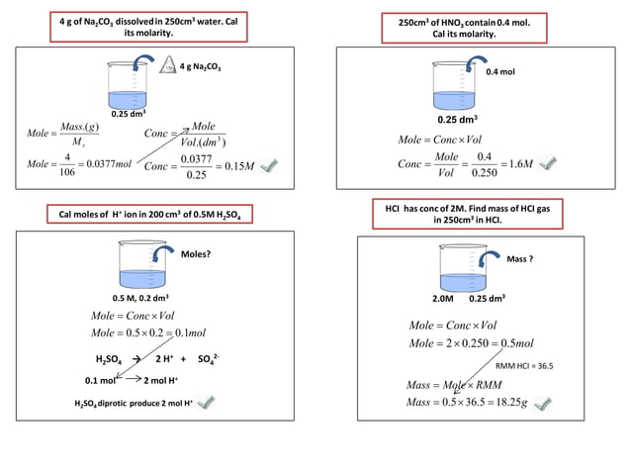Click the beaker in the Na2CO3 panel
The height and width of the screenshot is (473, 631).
pyautogui.click(x=129, y=85)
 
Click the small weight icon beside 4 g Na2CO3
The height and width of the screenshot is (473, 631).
pyautogui.click(x=168, y=66)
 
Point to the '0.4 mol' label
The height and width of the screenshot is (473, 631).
pyautogui.click(x=501, y=72)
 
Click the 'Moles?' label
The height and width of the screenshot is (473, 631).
pyautogui.click(x=195, y=254)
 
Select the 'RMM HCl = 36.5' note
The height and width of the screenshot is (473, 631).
pyautogui.click(x=523, y=365)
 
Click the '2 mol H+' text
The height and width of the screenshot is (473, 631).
pyautogui.click(x=162, y=380)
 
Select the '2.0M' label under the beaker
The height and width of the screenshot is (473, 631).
pyautogui.click(x=443, y=297)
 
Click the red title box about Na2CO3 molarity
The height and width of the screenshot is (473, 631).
pyautogui.click(x=148, y=27)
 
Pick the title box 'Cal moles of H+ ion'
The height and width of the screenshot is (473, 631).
pyautogui.click(x=151, y=216)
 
